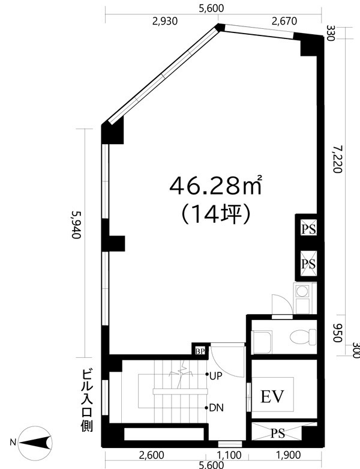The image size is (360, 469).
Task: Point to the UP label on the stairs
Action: (217, 375)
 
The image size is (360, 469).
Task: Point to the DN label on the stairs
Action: (217, 408)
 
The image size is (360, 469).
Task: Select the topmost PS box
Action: (309, 228)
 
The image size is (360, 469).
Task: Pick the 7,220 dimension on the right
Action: (337, 158)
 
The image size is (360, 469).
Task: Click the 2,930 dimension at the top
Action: (164, 22)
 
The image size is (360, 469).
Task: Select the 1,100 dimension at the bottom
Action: (230, 456)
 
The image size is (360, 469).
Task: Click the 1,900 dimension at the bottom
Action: (289, 456)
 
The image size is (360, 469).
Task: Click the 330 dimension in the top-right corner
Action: (329, 32)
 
